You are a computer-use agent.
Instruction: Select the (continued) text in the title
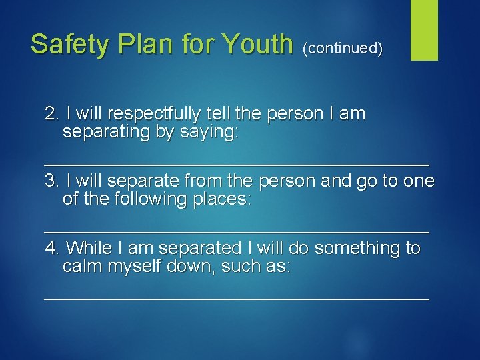(343, 48)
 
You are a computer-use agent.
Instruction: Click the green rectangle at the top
(424, 30)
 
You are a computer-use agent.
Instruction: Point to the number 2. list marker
(53, 114)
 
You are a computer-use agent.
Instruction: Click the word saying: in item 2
(209, 132)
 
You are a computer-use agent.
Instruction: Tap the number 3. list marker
(53, 181)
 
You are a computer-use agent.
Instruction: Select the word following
(132, 199)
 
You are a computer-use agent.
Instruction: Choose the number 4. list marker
(53, 249)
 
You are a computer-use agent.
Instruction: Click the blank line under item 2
(236, 162)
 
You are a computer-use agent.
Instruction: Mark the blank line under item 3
(236, 230)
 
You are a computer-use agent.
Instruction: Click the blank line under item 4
(236, 297)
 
